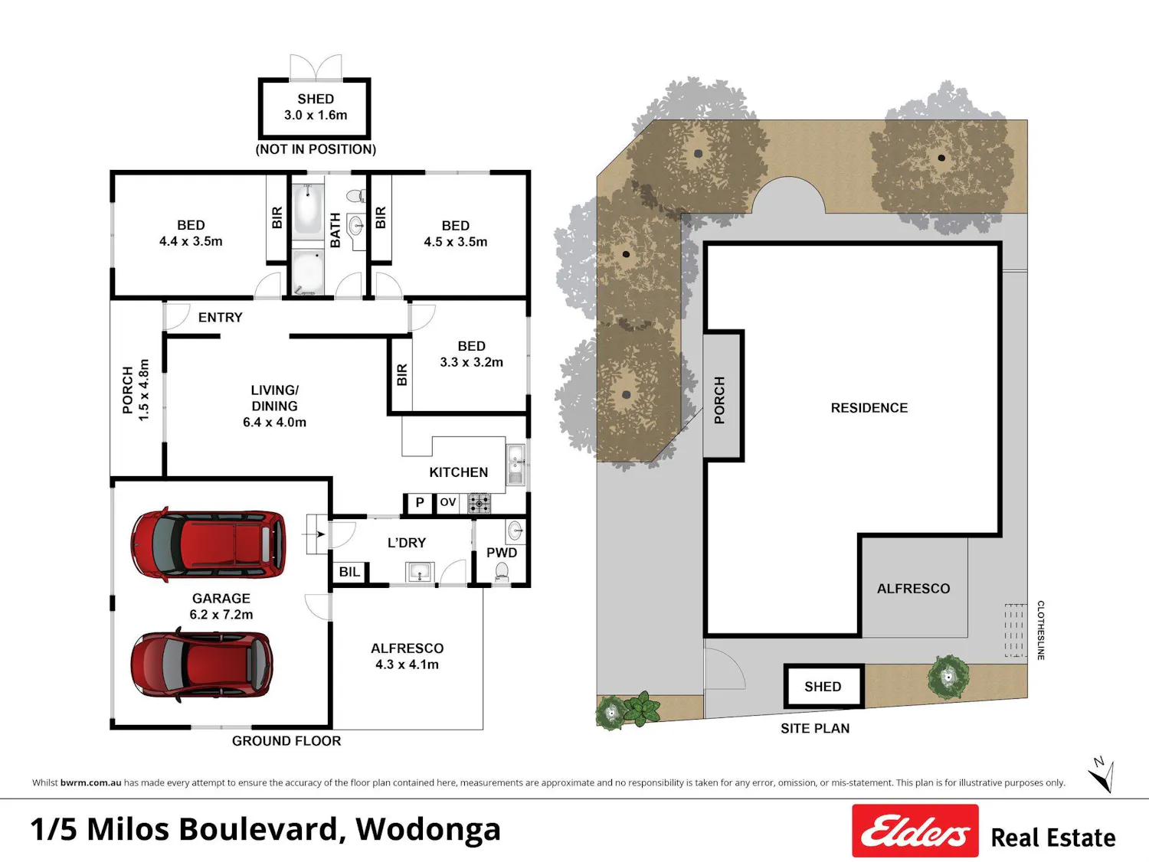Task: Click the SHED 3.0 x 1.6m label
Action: pyautogui.click(x=315, y=106)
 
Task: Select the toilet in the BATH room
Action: pyautogui.click(x=357, y=196)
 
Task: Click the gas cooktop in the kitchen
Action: pyautogui.click(x=479, y=503)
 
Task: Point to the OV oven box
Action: pyautogui.click(x=447, y=503)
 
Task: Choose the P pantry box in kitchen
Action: pyautogui.click(x=419, y=503)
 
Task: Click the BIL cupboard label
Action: pyautogui.click(x=349, y=572)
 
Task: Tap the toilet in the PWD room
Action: pyautogui.click(x=502, y=571)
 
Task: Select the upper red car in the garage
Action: pyautogui.click(x=208, y=544)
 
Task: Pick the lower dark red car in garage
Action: pyautogui.click(x=201, y=664)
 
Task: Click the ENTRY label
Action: pyautogui.click(x=221, y=318)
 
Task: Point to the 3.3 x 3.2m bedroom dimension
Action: pyautogui.click(x=471, y=362)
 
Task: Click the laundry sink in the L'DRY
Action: pyautogui.click(x=420, y=572)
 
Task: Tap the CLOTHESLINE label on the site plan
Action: pyautogui.click(x=1041, y=630)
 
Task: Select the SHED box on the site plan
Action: pyautogui.click(x=823, y=686)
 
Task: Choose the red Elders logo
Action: pyautogui.click(x=915, y=830)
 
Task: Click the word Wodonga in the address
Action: pyautogui.click(x=427, y=830)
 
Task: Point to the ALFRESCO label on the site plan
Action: pyautogui.click(x=913, y=589)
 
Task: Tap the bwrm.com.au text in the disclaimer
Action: pyautogui.click(x=90, y=782)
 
